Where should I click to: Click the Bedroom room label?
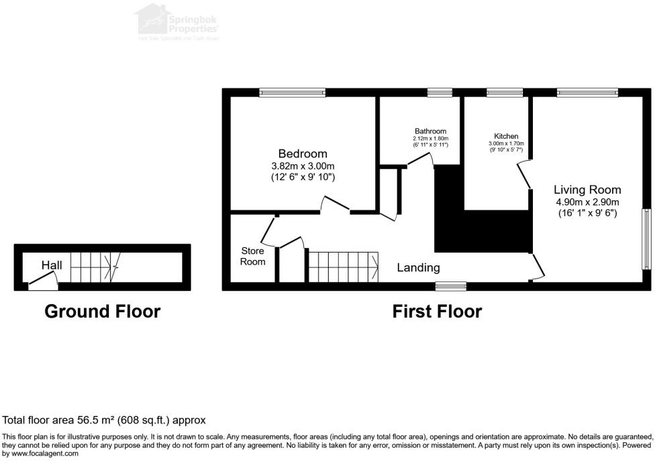303,153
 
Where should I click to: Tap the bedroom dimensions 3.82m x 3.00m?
303,166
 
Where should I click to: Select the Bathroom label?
430,131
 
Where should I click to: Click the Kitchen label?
506,136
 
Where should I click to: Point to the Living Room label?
587,190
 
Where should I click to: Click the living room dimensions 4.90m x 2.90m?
587,202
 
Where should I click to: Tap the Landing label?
418,267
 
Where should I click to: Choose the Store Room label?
252,257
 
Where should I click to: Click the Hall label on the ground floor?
52,265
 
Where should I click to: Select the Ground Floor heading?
102,311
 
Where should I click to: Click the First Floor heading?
437,311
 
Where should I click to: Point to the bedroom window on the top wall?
293,93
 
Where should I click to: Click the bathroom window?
440,93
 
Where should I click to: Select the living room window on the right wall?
647,239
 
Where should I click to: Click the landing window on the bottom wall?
450,286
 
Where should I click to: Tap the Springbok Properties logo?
178,22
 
